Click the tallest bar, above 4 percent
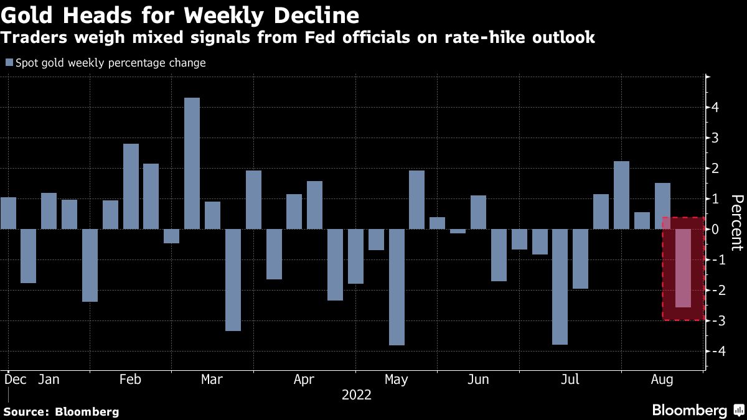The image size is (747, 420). pyautogui.click(x=192, y=163)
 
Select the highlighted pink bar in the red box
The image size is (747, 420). pyautogui.click(x=682, y=268)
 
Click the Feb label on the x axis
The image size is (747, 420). pyautogui.click(x=131, y=380)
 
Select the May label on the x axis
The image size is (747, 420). pyautogui.click(x=397, y=380)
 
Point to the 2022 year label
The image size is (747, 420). pyautogui.click(x=357, y=395)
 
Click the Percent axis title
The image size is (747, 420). pyautogui.click(x=737, y=222)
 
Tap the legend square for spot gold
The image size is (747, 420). pyautogui.click(x=9, y=63)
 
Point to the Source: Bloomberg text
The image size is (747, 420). pyautogui.click(x=61, y=411)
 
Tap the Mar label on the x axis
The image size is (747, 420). pyautogui.click(x=213, y=380)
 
